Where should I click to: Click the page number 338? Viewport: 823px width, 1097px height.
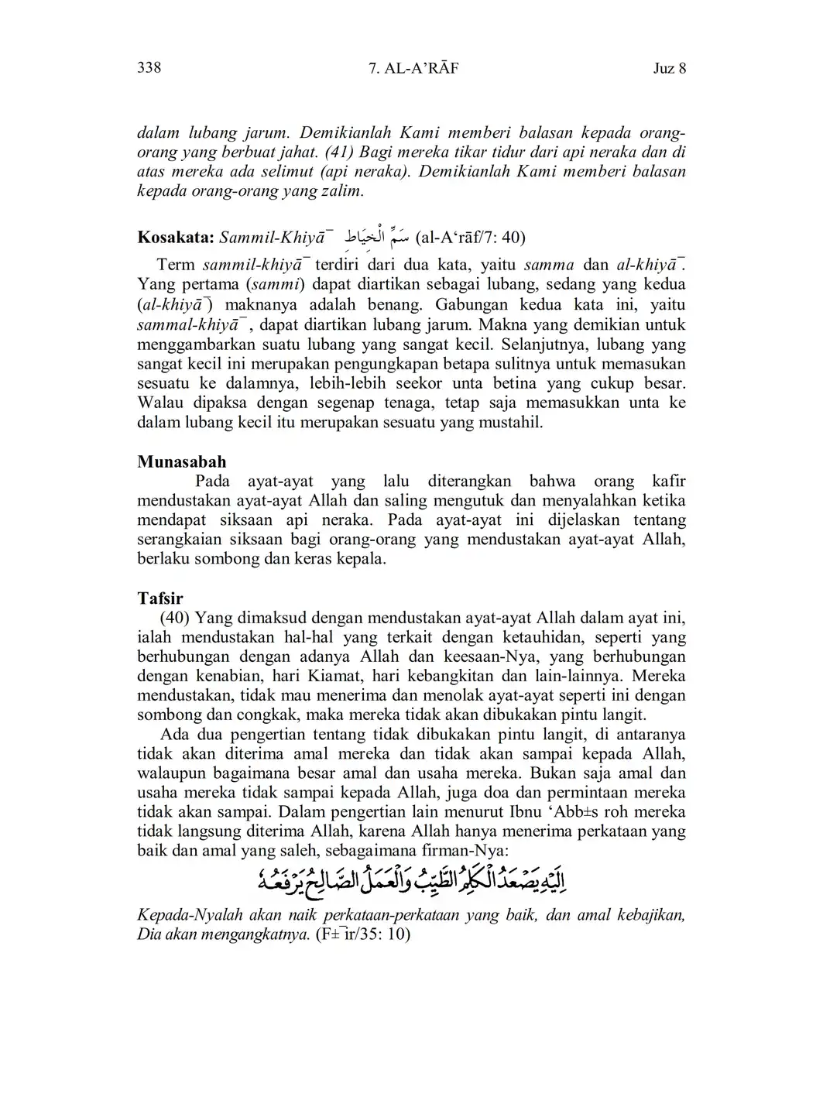coord(149,67)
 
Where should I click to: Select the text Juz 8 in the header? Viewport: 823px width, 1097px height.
coord(670,68)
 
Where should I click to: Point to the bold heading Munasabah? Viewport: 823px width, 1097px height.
coord(182,462)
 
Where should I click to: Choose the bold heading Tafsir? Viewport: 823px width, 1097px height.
coord(160,598)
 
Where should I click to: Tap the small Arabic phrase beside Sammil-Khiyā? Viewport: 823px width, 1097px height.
coord(375,235)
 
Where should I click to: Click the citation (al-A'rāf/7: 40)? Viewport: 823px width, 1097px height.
coord(471,236)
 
